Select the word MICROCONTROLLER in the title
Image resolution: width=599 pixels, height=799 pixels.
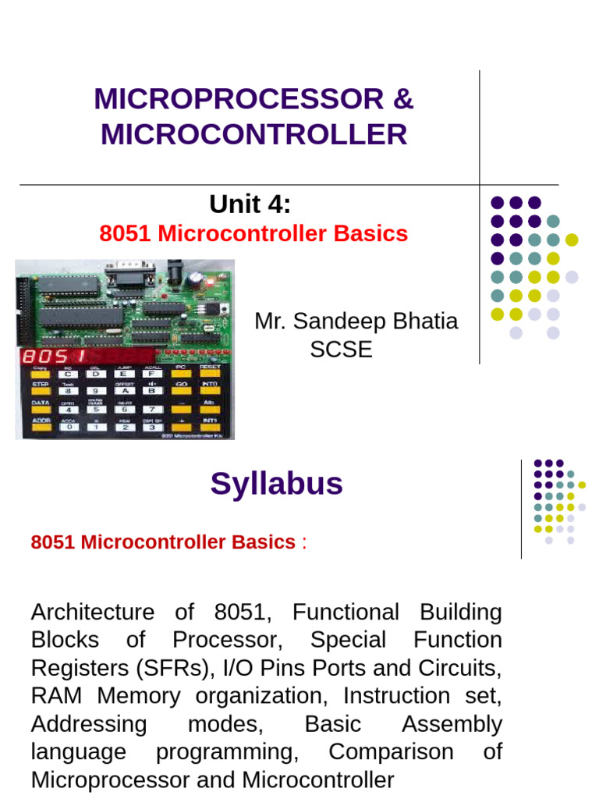coord(253,134)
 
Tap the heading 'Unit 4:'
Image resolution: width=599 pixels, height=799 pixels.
coord(250,204)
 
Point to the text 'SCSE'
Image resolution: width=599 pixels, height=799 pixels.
coord(341,350)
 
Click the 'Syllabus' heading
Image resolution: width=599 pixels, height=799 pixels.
coord(276,485)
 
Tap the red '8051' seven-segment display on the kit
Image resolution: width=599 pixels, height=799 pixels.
coord(46,357)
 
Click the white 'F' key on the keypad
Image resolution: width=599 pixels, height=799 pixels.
coord(151,372)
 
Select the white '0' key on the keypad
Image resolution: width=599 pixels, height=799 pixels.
coord(69,426)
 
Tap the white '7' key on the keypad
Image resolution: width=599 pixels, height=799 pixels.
coord(151,408)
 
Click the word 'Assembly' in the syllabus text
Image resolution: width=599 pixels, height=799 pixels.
coord(452,724)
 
